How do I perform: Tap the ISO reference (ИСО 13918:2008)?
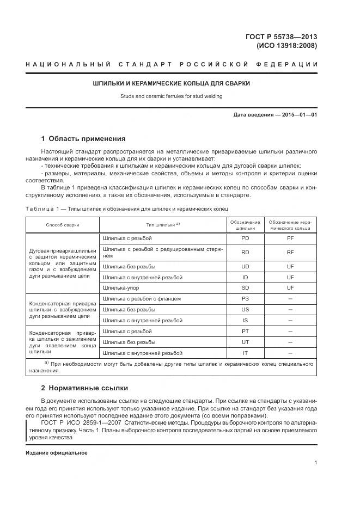coord(286,46)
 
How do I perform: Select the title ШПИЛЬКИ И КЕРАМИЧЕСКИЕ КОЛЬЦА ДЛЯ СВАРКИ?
coord(172,84)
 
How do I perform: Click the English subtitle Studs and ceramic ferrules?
coord(172,96)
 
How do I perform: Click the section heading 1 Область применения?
coord(83,138)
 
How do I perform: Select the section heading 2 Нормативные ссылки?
coord(84,388)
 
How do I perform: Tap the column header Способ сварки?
coord(63,225)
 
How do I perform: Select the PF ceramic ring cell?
coord(290,238)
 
